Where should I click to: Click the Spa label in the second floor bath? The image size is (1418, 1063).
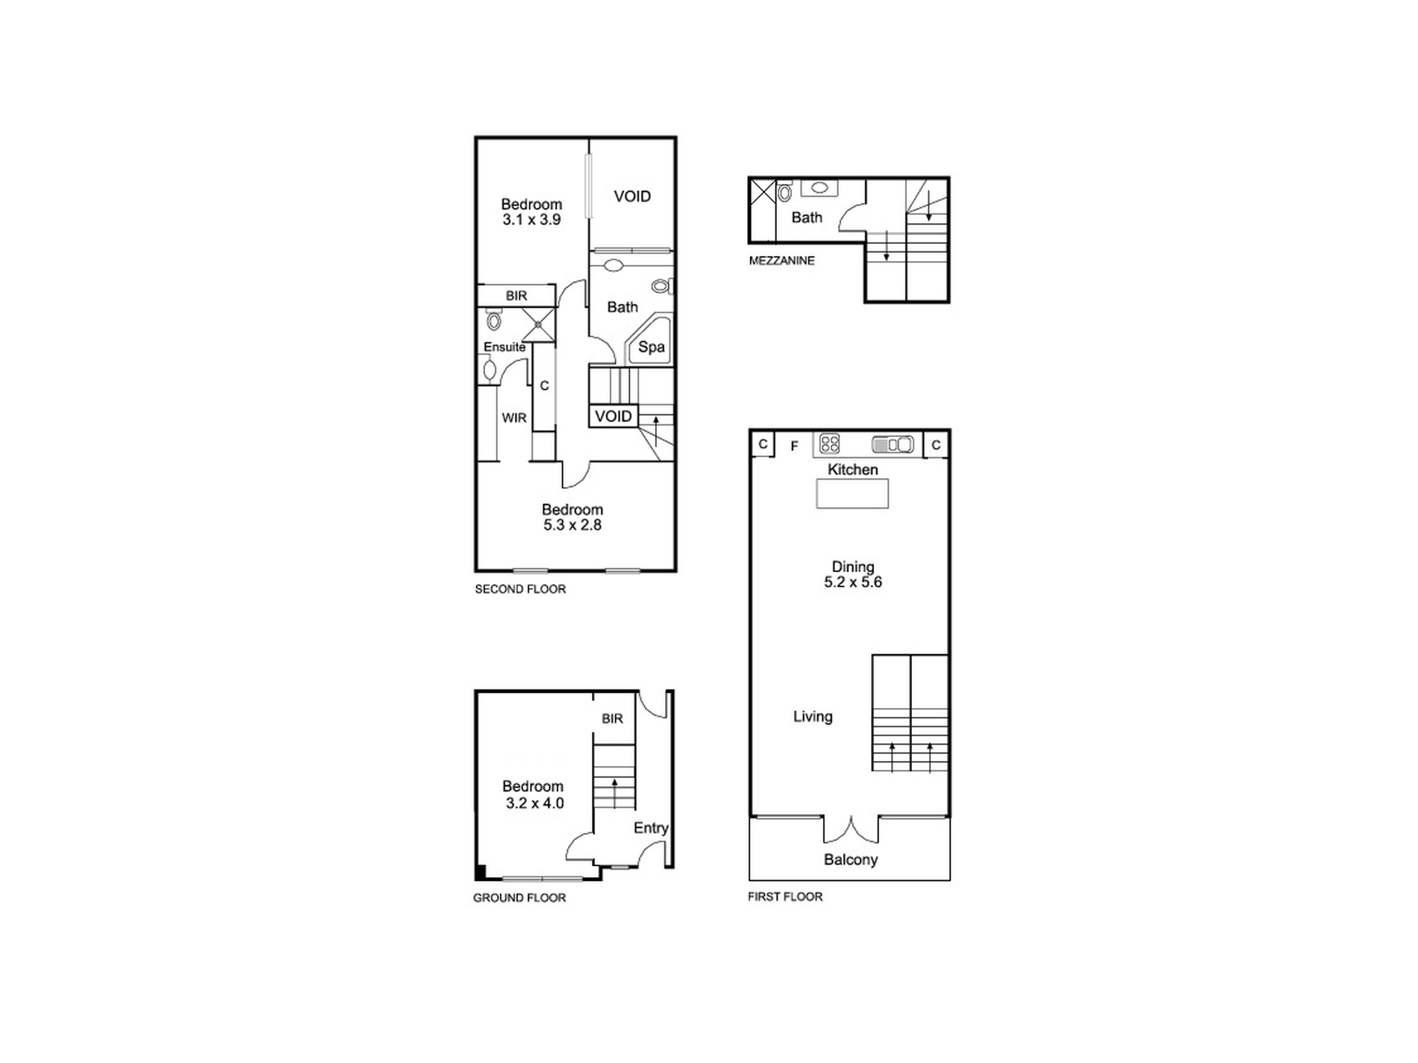click(651, 347)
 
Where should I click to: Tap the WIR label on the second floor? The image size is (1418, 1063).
click(514, 418)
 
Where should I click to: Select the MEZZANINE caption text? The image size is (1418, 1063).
click(781, 260)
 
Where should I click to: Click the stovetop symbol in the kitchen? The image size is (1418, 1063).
click(829, 444)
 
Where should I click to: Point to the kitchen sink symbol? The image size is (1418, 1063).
click(893, 445)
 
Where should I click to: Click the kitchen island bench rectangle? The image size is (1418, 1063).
click(852, 494)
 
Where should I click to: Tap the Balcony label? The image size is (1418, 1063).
click(851, 859)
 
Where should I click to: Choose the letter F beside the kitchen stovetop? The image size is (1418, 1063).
click(795, 446)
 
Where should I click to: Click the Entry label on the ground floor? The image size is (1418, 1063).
click(651, 828)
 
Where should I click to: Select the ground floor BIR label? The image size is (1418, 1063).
click(612, 719)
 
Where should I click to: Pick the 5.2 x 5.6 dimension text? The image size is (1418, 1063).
click(853, 583)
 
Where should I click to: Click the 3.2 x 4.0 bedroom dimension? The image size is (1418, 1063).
click(534, 803)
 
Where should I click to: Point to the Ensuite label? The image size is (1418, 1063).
click(505, 347)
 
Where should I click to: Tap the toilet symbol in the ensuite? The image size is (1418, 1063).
click(493, 321)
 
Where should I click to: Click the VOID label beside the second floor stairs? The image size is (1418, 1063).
click(613, 416)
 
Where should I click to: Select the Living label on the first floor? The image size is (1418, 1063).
click(813, 717)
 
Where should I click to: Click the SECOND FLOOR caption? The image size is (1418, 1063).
click(520, 589)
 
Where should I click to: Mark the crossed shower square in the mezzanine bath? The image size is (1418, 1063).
click(763, 191)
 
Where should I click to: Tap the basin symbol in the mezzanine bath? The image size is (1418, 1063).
click(819, 188)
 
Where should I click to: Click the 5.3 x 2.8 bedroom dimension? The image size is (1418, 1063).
click(572, 525)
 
